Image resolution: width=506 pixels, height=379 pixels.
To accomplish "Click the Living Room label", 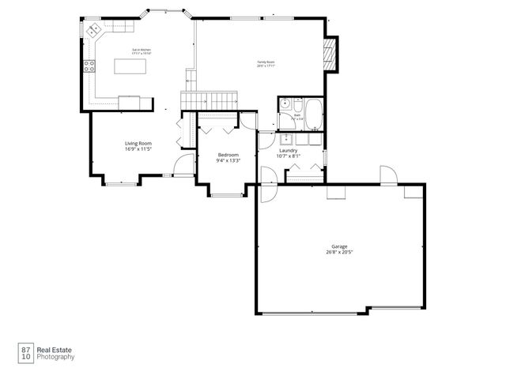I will tap(138, 143).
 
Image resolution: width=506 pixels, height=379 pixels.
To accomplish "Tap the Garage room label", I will tap(338, 246).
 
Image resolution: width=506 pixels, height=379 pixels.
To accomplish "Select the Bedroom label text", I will tap(228, 155).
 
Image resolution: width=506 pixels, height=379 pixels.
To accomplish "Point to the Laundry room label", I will tap(288, 150).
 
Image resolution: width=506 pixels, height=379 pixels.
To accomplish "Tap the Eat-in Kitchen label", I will tap(142, 50).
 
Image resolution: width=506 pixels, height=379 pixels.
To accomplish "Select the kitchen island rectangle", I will tap(131, 66).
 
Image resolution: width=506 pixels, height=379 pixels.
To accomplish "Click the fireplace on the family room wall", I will tap(332, 54).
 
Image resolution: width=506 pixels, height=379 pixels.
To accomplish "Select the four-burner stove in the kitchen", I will tap(89, 66).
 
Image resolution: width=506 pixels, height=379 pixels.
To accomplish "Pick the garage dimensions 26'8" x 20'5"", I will tap(338, 253).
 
